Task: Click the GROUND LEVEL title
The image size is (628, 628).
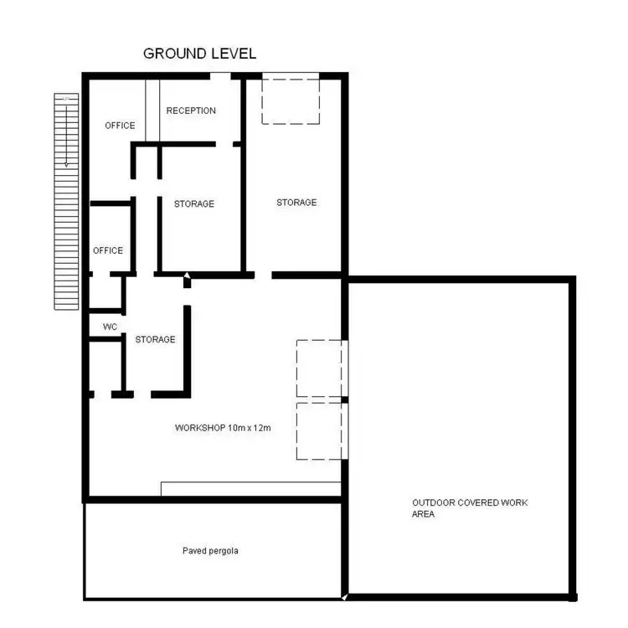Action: [199, 54]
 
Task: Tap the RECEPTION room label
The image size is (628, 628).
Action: [191, 111]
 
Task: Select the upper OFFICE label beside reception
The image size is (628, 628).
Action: [120, 126]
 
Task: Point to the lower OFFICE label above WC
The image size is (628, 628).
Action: [108, 250]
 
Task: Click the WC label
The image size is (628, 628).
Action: [110, 327]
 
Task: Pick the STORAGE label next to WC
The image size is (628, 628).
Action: [156, 339]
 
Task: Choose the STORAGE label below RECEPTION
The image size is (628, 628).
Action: [194, 203]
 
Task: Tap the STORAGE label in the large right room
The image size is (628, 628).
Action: [296, 203]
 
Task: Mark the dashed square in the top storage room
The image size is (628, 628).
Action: [291, 100]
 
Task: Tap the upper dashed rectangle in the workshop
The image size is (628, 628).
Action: [320, 368]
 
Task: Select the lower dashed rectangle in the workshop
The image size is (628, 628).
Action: [320, 430]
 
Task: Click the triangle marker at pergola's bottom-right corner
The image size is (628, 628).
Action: [344, 596]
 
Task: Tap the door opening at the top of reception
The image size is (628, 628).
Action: [220, 76]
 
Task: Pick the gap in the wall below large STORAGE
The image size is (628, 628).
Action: [263, 275]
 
